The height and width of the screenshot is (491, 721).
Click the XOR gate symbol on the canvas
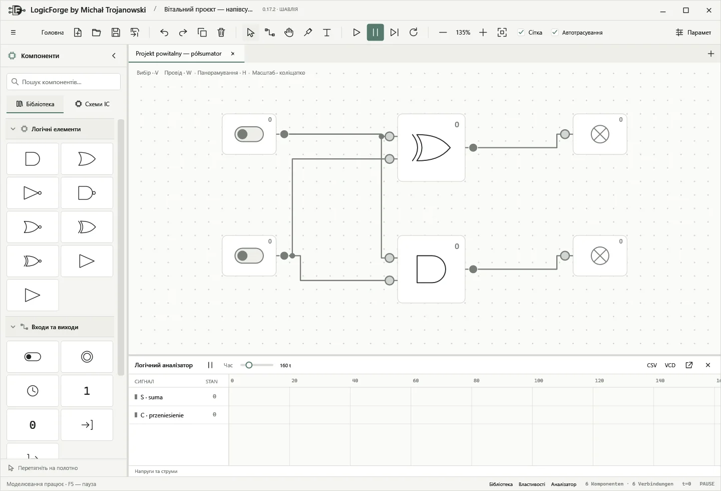coord(431,148)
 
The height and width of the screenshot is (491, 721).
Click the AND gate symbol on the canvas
coord(431,269)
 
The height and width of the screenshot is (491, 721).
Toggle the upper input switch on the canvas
coord(249,134)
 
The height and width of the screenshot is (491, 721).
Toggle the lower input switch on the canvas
coord(249,256)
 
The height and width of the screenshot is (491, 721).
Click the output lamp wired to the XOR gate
coord(600,134)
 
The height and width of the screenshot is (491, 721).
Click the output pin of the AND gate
coord(473,269)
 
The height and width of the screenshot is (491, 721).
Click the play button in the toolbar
coord(356,32)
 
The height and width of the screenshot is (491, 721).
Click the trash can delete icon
coord(221,32)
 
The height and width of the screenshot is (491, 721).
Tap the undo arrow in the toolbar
coord(164,32)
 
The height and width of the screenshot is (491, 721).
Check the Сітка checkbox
coord(521,32)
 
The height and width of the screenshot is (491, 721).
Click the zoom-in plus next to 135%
coord(483,32)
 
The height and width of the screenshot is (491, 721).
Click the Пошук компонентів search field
coord(64,82)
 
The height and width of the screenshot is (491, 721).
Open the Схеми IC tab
coord(92,104)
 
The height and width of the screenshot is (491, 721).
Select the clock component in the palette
coord(33,391)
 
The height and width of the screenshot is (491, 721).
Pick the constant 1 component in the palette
coord(87,391)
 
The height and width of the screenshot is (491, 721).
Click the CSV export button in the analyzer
coord(652,365)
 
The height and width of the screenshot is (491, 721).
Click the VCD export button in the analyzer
coord(670,365)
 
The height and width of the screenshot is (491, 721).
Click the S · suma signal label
coord(151,397)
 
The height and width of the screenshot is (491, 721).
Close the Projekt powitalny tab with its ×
coord(233,54)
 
